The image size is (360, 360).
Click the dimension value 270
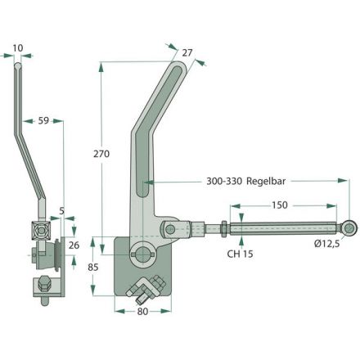(x=101, y=154)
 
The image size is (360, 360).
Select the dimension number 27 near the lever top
(x=187, y=52)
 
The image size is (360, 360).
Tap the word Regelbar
(x=266, y=181)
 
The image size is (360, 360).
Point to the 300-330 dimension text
(x=224, y=181)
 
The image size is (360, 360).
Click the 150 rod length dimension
(x=280, y=205)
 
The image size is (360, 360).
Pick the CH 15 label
(x=240, y=254)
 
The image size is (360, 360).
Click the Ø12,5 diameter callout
(x=326, y=243)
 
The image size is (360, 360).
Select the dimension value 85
(x=93, y=268)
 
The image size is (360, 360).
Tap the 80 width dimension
(x=142, y=312)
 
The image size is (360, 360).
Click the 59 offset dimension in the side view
(x=43, y=120)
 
